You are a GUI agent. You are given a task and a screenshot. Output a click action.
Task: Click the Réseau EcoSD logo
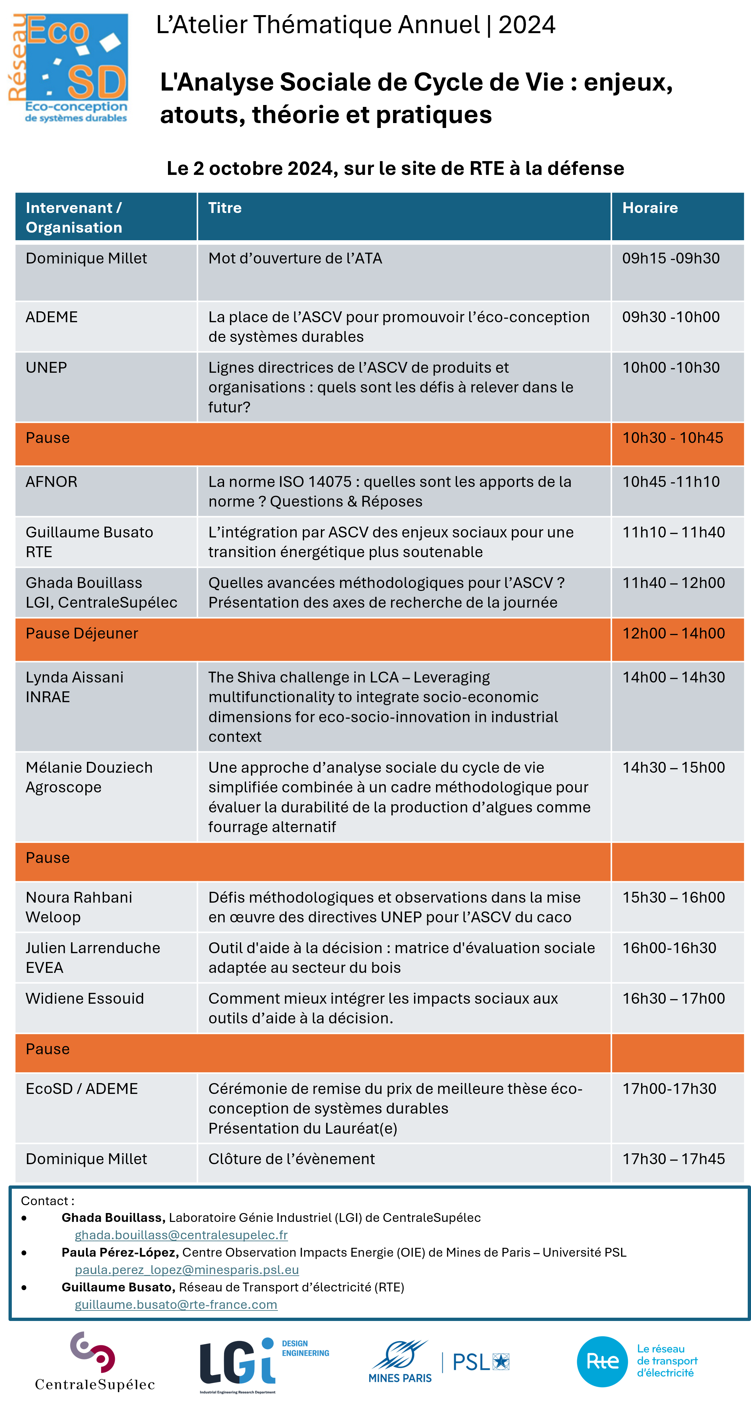pos(71,68)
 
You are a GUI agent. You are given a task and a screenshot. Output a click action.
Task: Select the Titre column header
pos(225,208)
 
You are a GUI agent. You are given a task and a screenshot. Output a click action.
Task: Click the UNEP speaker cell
pos(46,367)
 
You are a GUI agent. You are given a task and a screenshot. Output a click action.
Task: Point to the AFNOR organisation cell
pos(52,482)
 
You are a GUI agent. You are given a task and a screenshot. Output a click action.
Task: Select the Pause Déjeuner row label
pos(82,634)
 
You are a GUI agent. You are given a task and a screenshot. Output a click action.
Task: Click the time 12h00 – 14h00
pos(673,634)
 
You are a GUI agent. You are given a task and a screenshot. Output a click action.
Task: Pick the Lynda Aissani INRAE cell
pos(74,687)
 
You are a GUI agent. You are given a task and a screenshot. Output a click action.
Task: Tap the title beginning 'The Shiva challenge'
pos(384,706)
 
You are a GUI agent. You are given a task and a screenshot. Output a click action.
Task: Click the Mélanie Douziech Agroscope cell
pos(89,777)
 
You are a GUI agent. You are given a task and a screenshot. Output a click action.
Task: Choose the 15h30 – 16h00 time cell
pos(673,898)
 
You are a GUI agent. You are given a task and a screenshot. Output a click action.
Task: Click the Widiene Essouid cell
pos(85,998)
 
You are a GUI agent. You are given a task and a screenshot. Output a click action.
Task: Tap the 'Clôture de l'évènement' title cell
pos(291,1159)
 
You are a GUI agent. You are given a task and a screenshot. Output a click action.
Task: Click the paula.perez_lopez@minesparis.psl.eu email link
pos(187,1269)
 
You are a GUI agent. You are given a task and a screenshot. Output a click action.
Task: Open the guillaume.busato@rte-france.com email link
pos(176,1305)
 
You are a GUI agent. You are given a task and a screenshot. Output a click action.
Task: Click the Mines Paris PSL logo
pos(439,1362)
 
